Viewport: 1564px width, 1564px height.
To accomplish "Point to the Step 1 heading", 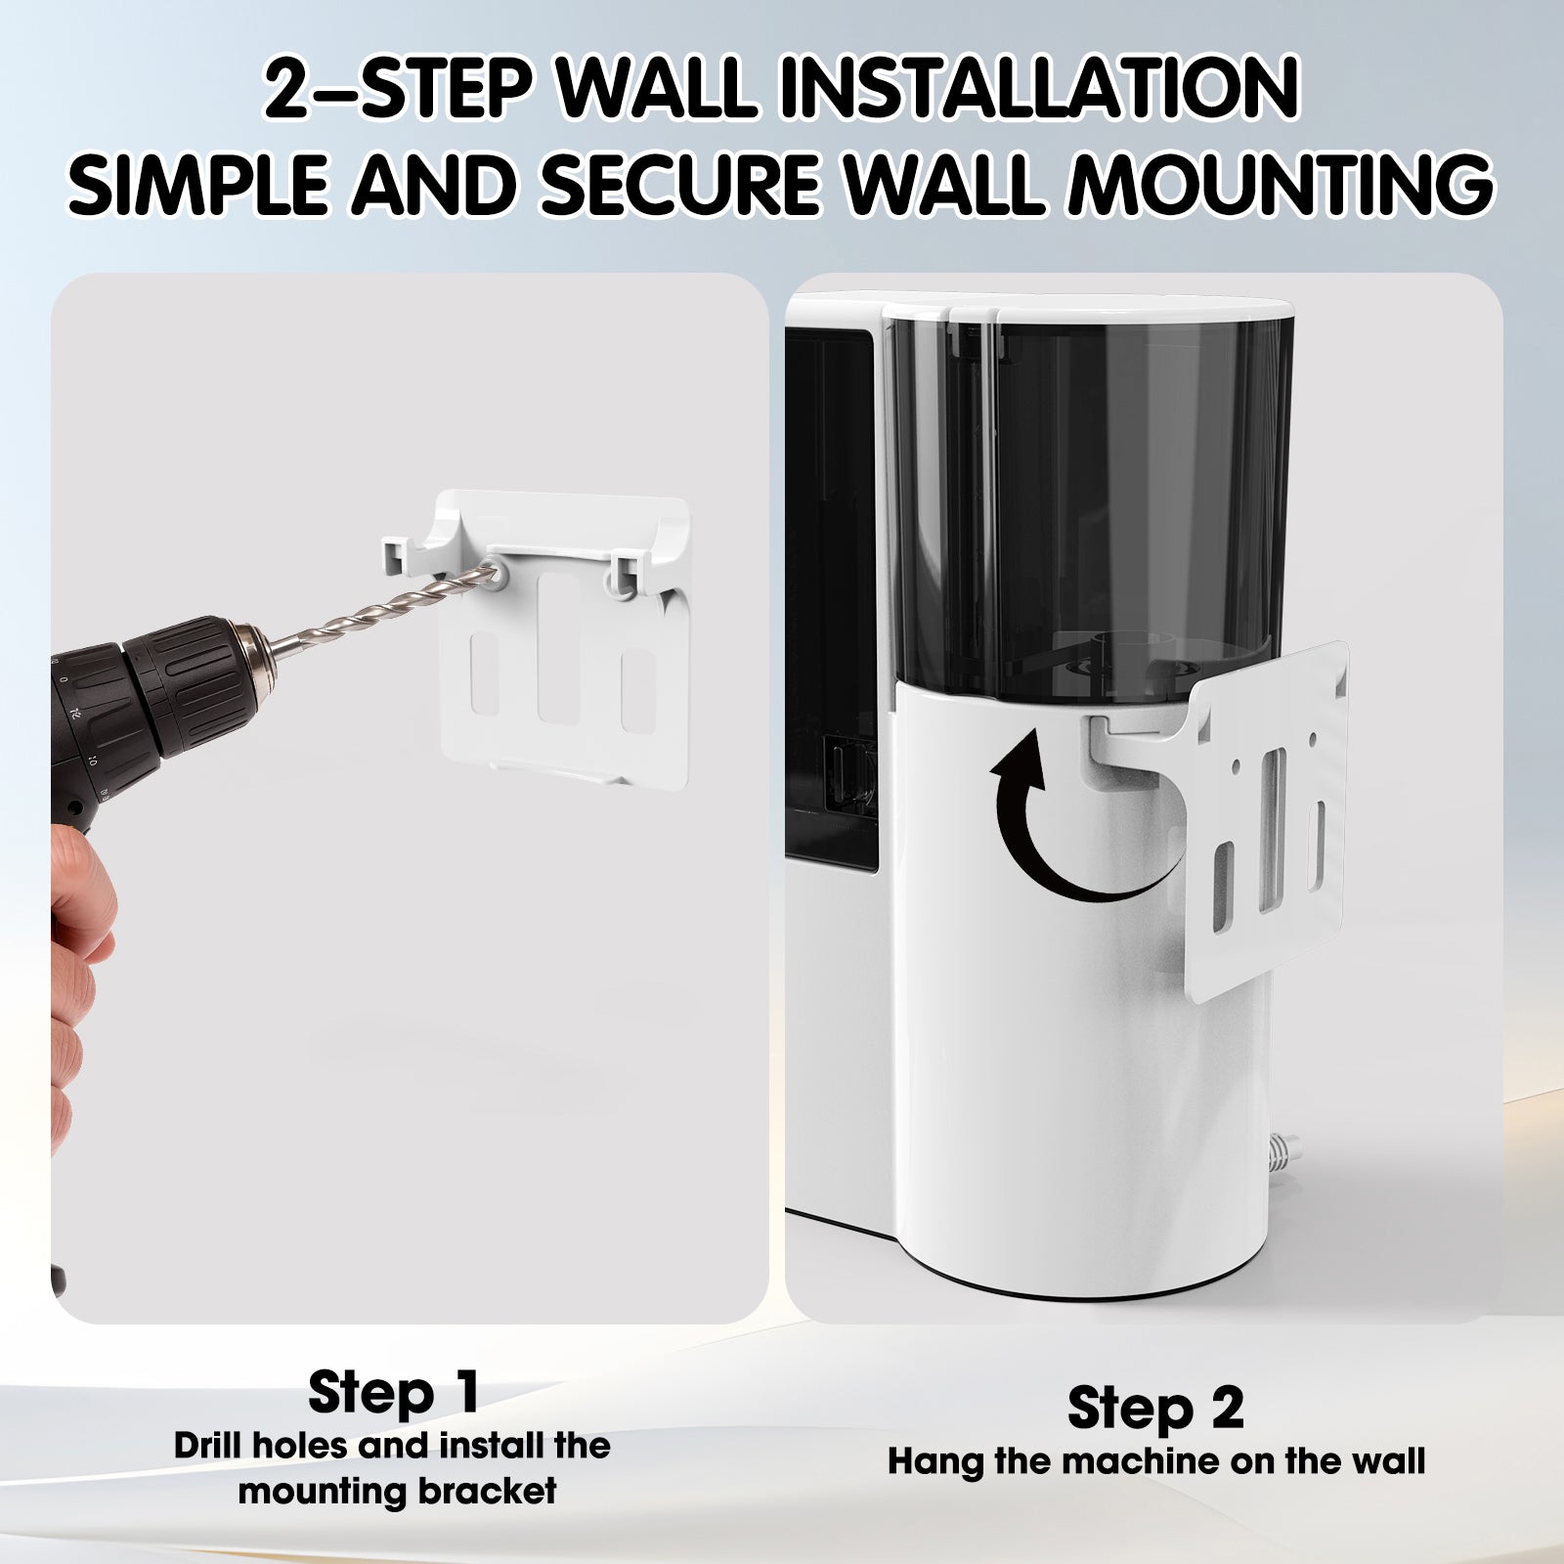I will pyautogui.click(x=394, y=1392).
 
